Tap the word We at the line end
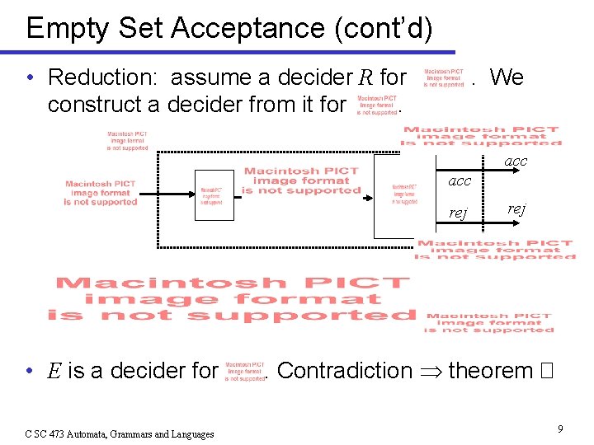pyautogui.click(x=506, y=77)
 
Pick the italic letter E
pyautogui.click(x=54, y=371)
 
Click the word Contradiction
pyautogui.click(x=344, y=371)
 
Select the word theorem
pyautogui.click(x=491, y=371)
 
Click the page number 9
pyautogui.click(x=559, y=429)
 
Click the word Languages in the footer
pyautogui.click(x=187, y=433)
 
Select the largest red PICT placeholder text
pyautogui.click(x=232, y=299)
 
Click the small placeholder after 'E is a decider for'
pyautogui.click(x=245, y=371)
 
